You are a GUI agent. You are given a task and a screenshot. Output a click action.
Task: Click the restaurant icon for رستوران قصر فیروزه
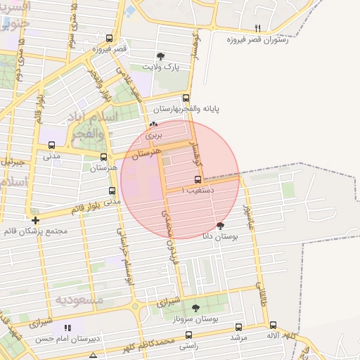point(258,28)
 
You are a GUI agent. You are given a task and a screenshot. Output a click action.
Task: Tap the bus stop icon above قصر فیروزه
point(109,38)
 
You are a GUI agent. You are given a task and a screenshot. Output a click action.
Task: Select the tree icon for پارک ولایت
point(162,56)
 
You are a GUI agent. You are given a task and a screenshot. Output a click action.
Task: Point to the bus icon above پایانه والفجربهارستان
point(186,98)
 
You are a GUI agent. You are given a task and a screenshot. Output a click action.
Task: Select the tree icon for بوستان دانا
point(221,226)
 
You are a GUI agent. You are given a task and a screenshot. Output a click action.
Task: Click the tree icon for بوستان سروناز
point(195,307)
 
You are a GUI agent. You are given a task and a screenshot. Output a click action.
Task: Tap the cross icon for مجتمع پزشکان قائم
point(35,220)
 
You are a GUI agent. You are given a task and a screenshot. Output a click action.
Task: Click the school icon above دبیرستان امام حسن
point(67,328)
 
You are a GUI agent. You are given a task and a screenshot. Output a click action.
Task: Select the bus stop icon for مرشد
point(238,327)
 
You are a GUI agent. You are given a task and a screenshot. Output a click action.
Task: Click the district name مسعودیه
point(79,300)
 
